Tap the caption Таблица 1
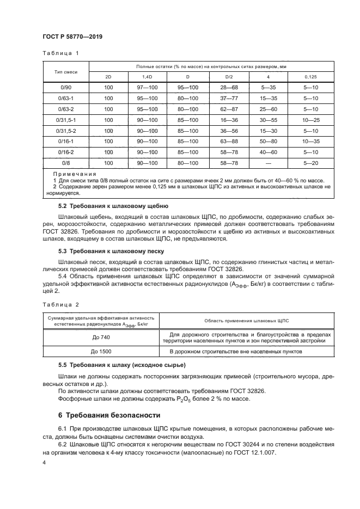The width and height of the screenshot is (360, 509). click(x=60, y=53)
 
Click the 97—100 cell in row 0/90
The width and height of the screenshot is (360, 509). click(x=147, y=88)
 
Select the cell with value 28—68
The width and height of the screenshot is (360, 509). click(x=229, y=88)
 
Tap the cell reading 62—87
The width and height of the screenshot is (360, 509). click(x=229, y=109)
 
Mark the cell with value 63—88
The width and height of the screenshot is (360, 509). click(x=229, y=142)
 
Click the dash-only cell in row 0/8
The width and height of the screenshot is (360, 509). click(x=269, y=163)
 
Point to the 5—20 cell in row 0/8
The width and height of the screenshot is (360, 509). click(x=310, y=163)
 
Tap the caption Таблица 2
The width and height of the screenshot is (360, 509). click(x=60, y=305)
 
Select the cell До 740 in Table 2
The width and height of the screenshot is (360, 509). click(x=100, y=337)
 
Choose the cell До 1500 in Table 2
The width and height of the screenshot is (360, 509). click(x=100, y=351)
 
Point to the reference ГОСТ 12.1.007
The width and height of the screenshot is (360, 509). click(x=255, y=453)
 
